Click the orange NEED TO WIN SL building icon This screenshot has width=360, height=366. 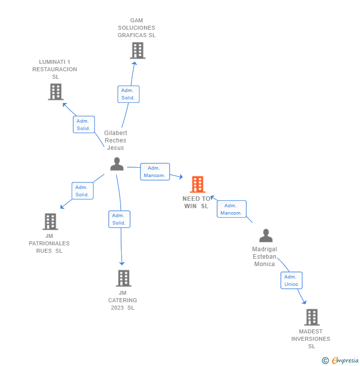197,184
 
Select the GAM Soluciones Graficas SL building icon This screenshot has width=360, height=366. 137,50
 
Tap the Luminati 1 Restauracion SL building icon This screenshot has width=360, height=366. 56,91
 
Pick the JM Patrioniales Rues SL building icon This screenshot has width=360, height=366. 50,222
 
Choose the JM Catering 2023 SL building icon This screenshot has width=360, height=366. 124,278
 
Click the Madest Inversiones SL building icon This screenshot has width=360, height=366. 312,317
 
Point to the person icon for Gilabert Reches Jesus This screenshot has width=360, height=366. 117,164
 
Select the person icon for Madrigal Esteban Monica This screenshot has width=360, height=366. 266,235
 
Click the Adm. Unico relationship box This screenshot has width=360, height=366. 291,280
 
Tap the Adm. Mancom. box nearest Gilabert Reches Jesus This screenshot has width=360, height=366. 155,172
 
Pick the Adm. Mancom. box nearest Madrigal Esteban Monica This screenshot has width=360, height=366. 231,209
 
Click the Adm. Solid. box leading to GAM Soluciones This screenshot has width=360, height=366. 128,94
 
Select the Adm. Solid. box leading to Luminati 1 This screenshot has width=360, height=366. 84,125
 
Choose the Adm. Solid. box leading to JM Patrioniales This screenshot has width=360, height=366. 82,191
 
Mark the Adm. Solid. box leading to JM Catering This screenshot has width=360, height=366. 119,219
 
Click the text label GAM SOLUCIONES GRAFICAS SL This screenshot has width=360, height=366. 136,28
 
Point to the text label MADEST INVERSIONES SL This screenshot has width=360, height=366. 311,339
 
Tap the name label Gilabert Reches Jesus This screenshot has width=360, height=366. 116,140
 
